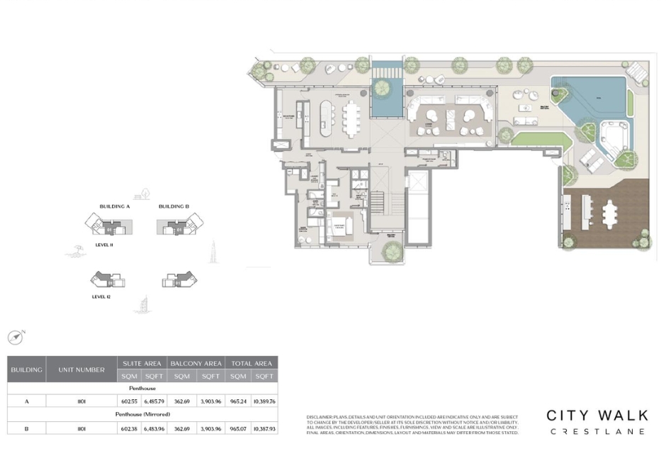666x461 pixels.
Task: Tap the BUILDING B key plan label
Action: click(x=174, y=206)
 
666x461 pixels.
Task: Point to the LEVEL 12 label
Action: click(x=100, y=296)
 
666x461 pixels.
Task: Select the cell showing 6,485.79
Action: click(x=154, y=401)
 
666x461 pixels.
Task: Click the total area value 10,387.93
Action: click(x=264, y=428)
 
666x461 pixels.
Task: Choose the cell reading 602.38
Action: click(x=129, y=428)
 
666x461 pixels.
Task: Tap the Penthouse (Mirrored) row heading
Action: click(x=142, y=414)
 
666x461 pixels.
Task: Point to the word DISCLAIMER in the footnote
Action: click(x=322, y=416)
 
